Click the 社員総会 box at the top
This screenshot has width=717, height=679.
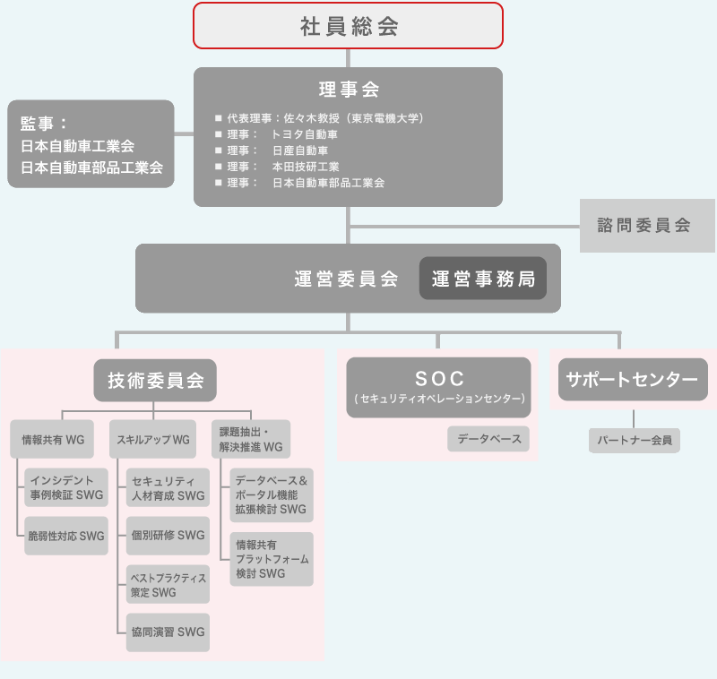349,26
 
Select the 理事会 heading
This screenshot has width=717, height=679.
349,90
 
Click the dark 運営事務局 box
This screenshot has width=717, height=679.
483,279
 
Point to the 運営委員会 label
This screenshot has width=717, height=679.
346,279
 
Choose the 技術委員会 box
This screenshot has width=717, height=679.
156,381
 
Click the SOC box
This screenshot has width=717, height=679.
438,386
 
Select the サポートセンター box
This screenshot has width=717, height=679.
633,380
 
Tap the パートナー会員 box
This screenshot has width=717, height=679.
635,440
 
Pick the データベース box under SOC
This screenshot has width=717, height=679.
488,439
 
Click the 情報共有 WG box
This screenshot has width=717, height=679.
53,440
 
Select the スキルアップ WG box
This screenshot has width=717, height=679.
153,440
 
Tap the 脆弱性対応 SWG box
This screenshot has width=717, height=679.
66,536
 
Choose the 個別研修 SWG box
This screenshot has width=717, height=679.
168,536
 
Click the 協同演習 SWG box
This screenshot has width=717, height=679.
168,632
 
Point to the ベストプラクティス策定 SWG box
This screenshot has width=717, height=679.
168,584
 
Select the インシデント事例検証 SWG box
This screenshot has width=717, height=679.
66,487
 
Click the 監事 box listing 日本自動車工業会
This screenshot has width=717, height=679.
91,144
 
